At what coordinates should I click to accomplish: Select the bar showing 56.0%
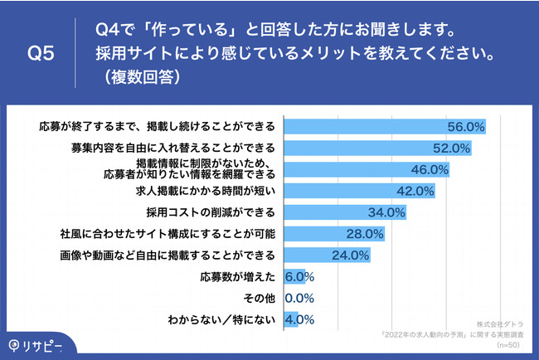tap(385, 127)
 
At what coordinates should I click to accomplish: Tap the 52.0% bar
tap(377, 148)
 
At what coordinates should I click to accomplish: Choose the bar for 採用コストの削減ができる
tap(345, 212)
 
